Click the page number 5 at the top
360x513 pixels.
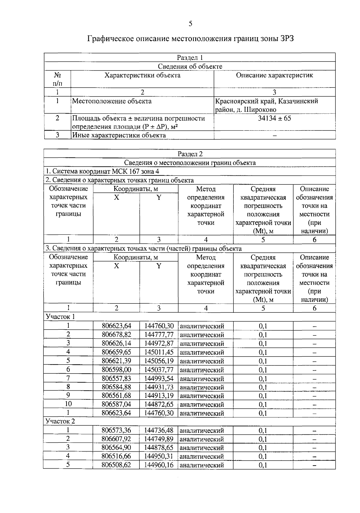190,24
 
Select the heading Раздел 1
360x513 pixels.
190,58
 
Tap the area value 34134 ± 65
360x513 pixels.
274,118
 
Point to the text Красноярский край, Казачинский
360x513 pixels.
266,101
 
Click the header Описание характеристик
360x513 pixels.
274,75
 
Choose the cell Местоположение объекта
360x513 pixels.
112,101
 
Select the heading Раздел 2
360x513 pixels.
190,154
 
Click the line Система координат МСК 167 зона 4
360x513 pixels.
102,171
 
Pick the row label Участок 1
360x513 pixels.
60,317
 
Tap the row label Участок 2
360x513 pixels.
60,421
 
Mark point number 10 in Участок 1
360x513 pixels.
68,404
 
